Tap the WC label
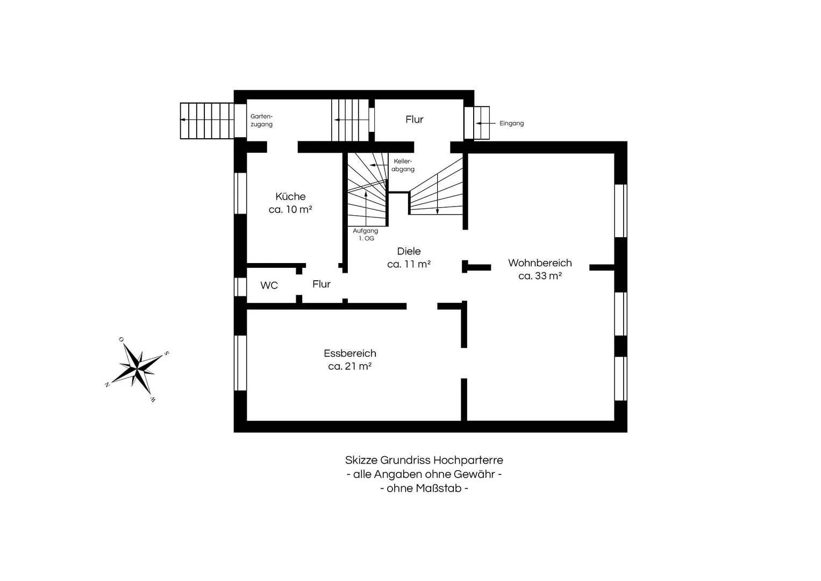click(x=269, y=285)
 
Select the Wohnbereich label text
click(x=540, y=263)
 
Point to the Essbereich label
click(x=350, y=353)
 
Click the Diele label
click(x=409, y=251)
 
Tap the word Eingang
click(x=512, y=124)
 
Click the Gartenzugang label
click(x=262, y=121)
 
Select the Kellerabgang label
click(x=403, y=165)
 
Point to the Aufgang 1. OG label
click(x=366, y=235)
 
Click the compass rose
click(x=137, y=370)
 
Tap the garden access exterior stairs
click(x=207, y=121)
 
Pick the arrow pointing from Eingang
click(x=486, y=124)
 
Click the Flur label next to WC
click(x=322, y=284)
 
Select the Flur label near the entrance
click(x=415, y=119)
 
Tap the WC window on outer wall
click(x=240, y=287)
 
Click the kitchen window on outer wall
click(x=240, y=193)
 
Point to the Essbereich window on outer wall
click(x=240, y=363)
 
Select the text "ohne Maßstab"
click(x=424, y=488)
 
